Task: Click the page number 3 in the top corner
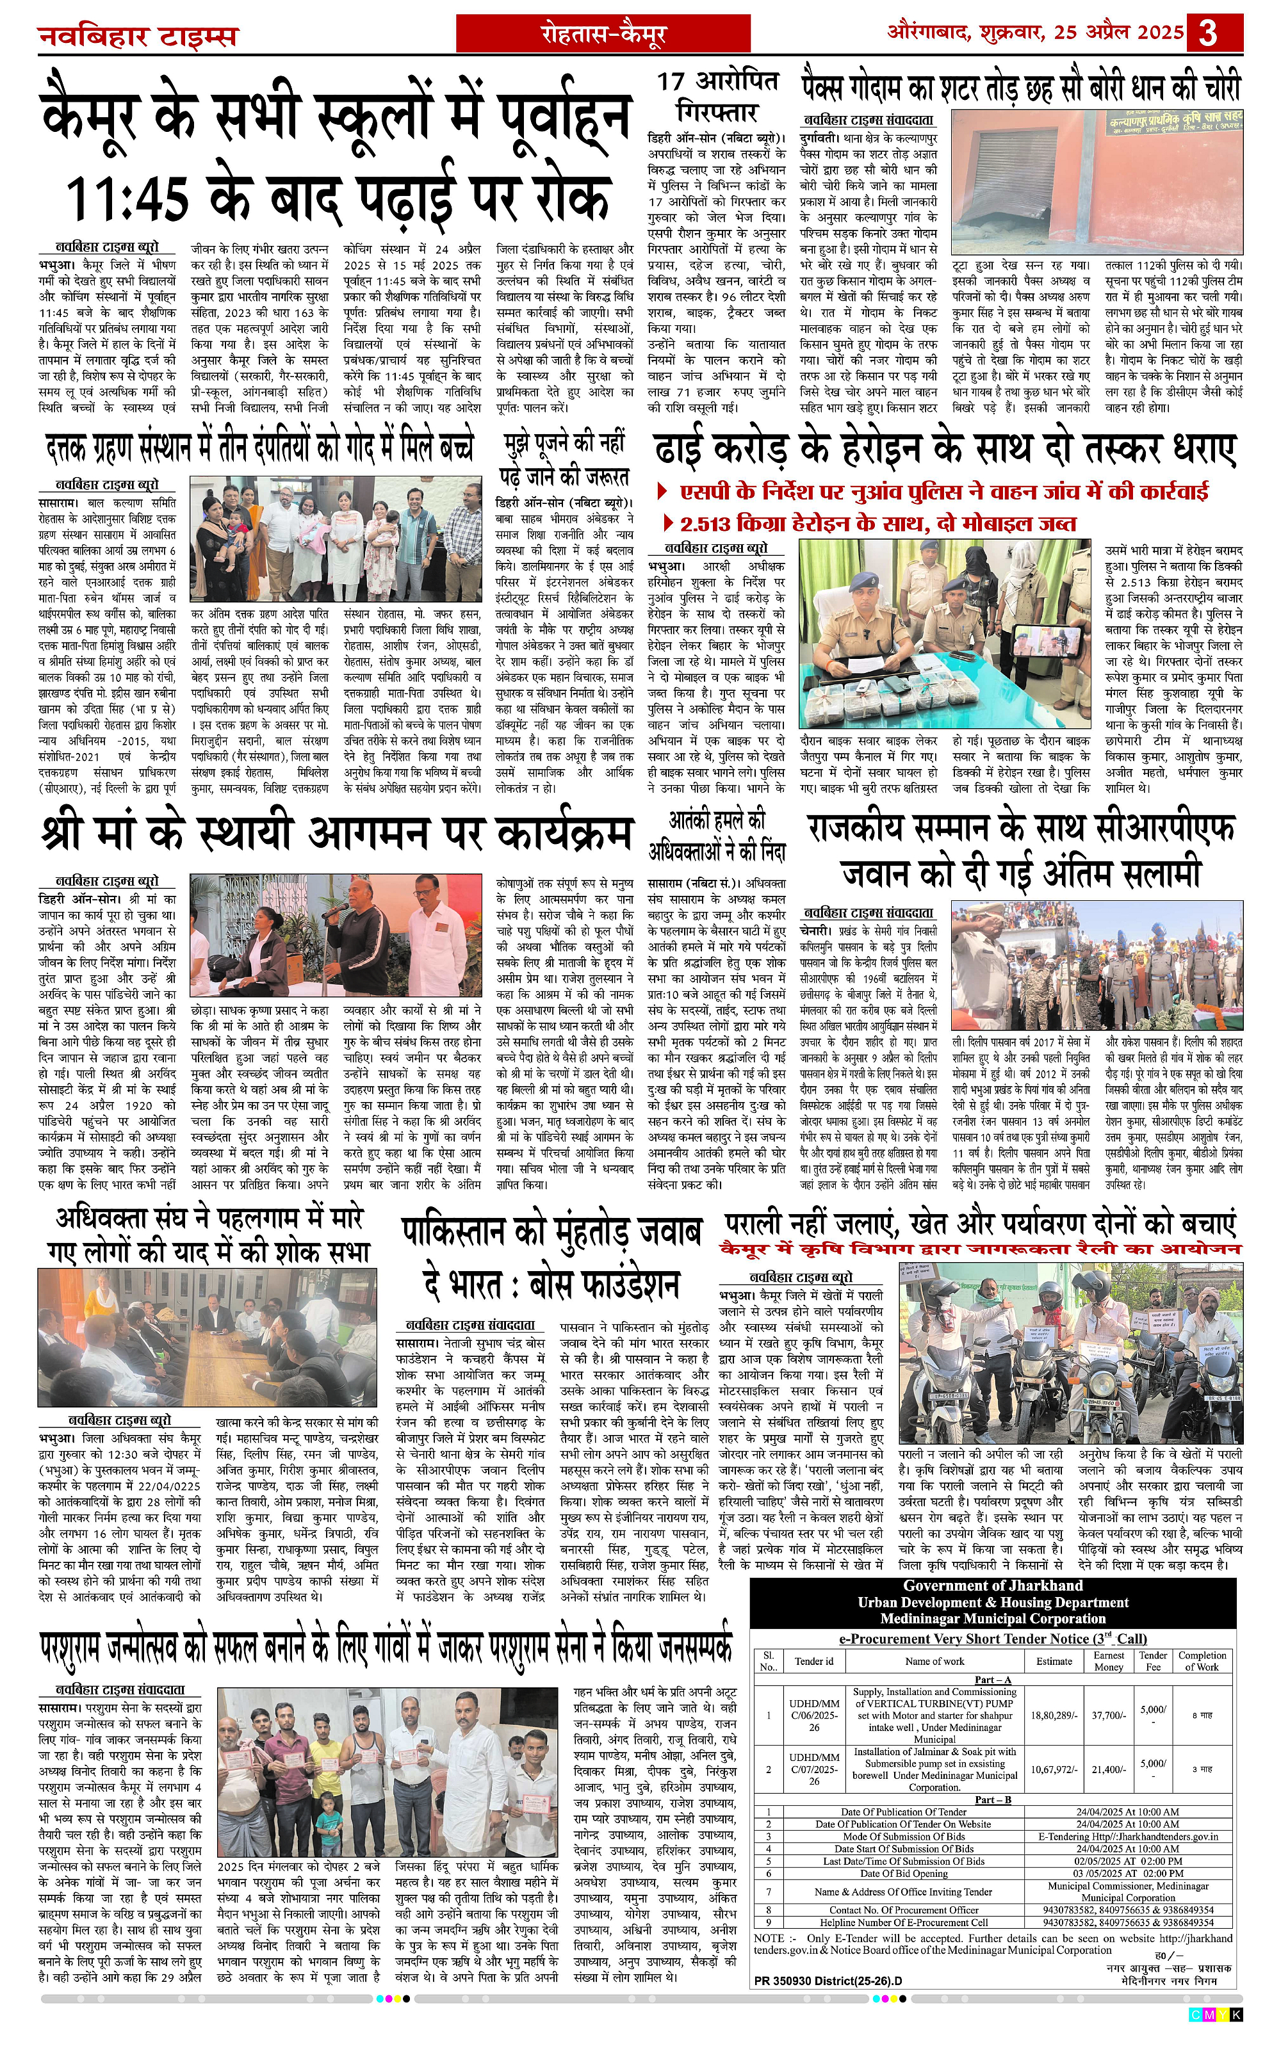tap(1208, 33)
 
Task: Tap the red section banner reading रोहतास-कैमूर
tap(603, 34)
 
